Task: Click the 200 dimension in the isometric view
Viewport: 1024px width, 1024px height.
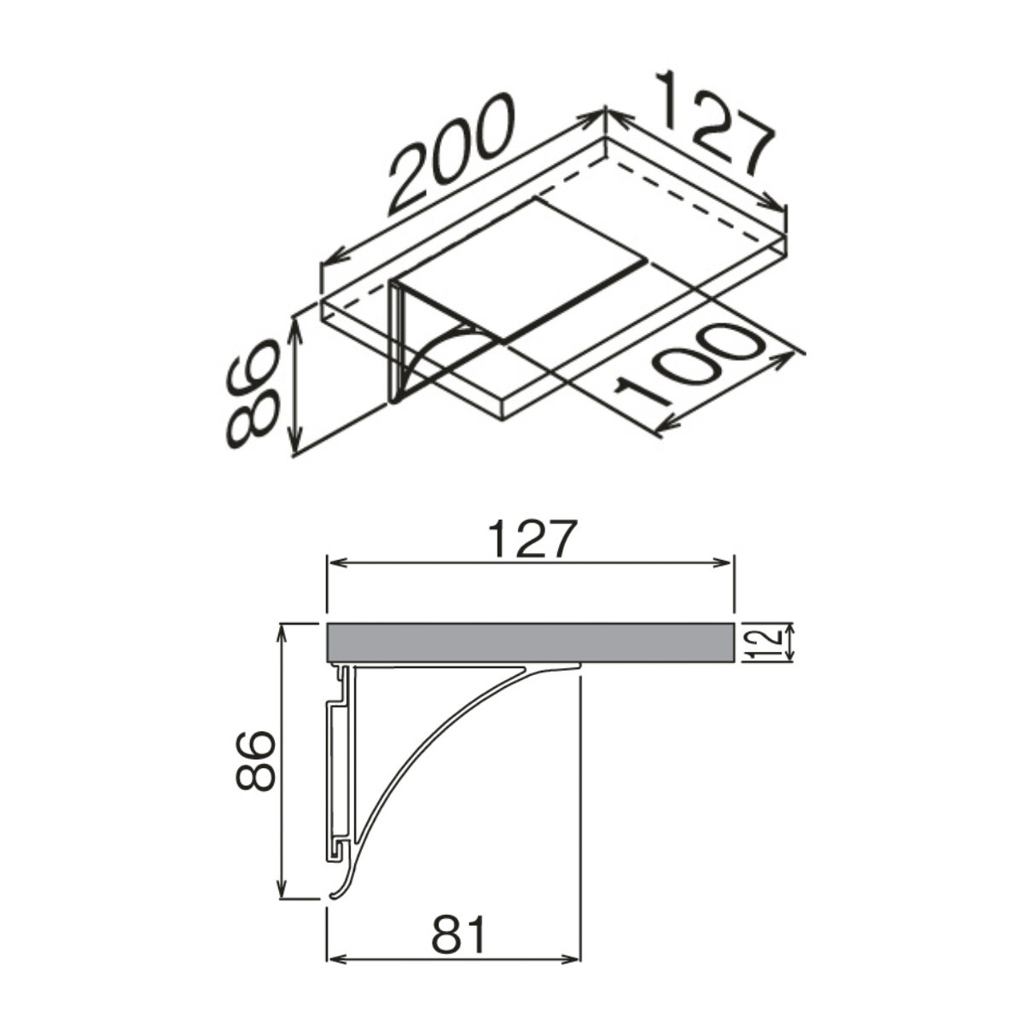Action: pyautogui.click(x=451, y=154)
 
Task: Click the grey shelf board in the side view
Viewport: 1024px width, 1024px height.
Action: pyautogui.click(x=530, y=643)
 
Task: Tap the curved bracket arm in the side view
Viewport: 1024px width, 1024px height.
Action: pyautogui.click(x=425, y=744)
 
